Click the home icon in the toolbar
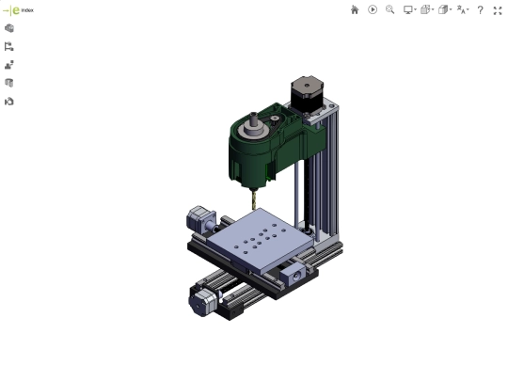(355, 10)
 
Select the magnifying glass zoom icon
(390, 9)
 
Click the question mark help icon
(480, 10)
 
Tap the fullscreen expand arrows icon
(498, 10)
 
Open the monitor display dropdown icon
(409, 10)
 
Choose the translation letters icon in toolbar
(463, 10)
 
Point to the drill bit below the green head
(254, 199)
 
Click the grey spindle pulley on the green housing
(253, 127)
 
